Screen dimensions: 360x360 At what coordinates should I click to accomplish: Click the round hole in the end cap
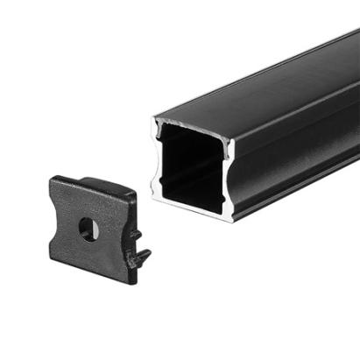(88, 229)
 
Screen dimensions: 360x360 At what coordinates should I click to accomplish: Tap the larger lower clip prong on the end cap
(140, 257)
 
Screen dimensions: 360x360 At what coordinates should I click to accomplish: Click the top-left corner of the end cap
(53, 180)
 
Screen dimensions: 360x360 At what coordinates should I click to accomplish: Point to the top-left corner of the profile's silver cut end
(154, 119)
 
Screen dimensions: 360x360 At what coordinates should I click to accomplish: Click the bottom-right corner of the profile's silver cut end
(231, 220)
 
